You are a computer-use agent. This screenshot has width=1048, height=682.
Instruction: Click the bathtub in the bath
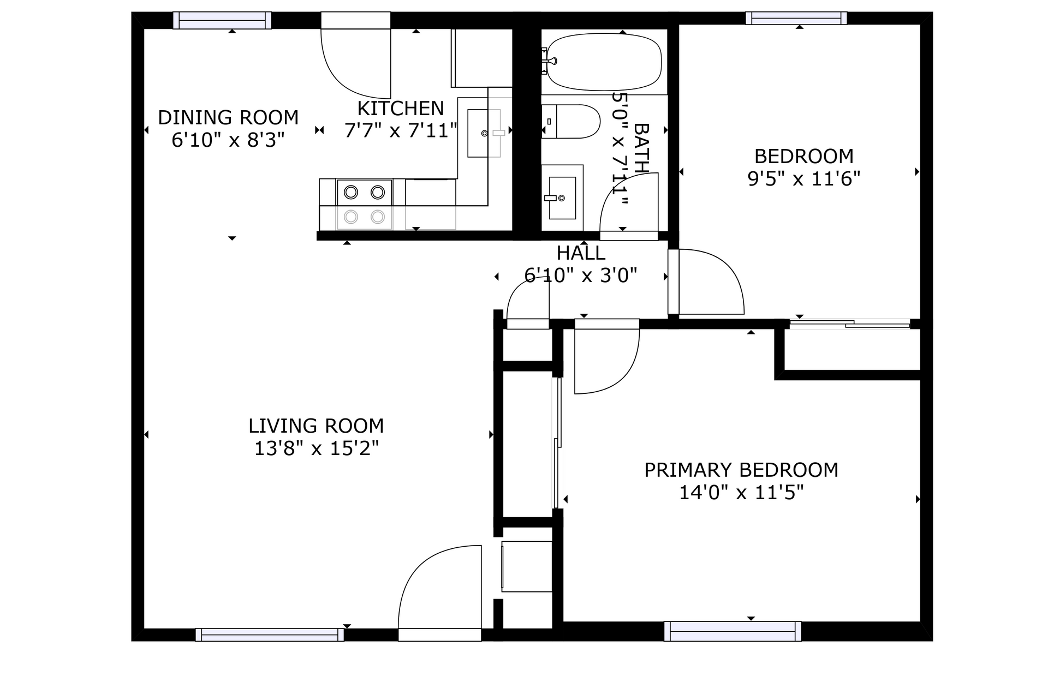coord(604,62)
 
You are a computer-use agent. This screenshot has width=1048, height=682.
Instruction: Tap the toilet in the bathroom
coord(570,122)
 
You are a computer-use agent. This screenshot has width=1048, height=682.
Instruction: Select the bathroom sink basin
coord(562,198)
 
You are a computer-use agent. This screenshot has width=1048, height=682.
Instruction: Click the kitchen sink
coord(484,133)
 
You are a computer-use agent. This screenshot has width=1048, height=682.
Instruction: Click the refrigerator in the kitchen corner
coord(481,58)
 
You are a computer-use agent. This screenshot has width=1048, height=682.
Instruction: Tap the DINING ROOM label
coord(228,117)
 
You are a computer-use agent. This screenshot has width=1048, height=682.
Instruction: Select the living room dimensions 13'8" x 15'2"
coord(316,448)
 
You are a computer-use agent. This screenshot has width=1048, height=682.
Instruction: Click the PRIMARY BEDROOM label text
coord(741,470)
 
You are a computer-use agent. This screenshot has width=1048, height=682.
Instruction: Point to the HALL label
coord(581,253)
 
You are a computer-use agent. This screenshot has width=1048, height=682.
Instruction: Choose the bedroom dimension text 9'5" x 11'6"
coord(803,178)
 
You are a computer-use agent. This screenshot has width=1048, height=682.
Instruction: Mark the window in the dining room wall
coord(222,20)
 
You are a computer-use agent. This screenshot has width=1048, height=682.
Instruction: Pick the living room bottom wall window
coord(270,635)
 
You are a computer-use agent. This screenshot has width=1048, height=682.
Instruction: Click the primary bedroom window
coord(733,631)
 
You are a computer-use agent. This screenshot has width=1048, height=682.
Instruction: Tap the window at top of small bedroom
coord(796,18)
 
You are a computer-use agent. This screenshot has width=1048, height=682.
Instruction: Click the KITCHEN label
coord(400,109)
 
